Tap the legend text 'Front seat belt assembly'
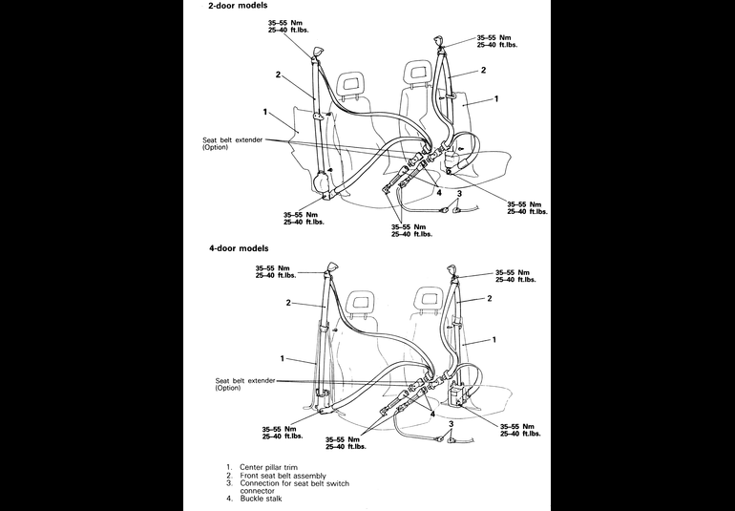282,476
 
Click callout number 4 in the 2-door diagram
438,192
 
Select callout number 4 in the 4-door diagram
431,415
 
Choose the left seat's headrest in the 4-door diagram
362,303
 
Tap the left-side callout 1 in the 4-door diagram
283,357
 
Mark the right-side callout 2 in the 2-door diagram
484,70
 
